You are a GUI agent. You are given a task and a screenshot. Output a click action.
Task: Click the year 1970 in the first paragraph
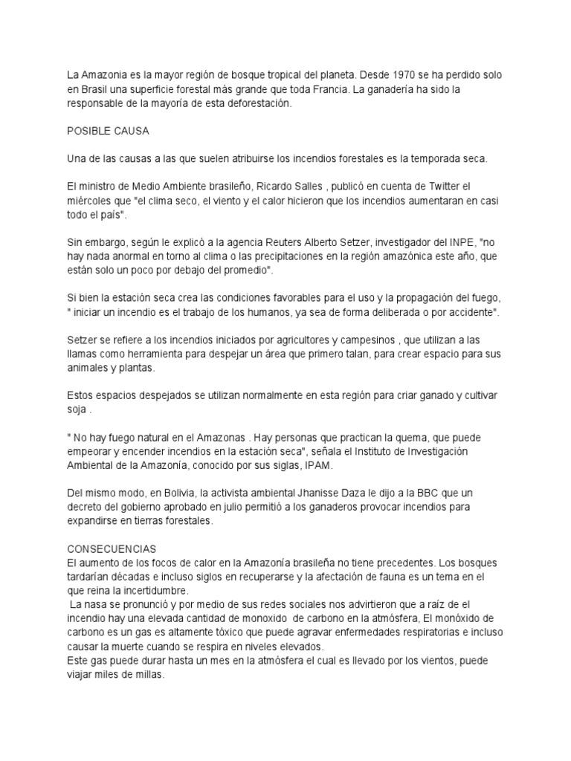(419, 75)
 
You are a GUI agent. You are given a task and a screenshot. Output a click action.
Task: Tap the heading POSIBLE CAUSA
(109, 132)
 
